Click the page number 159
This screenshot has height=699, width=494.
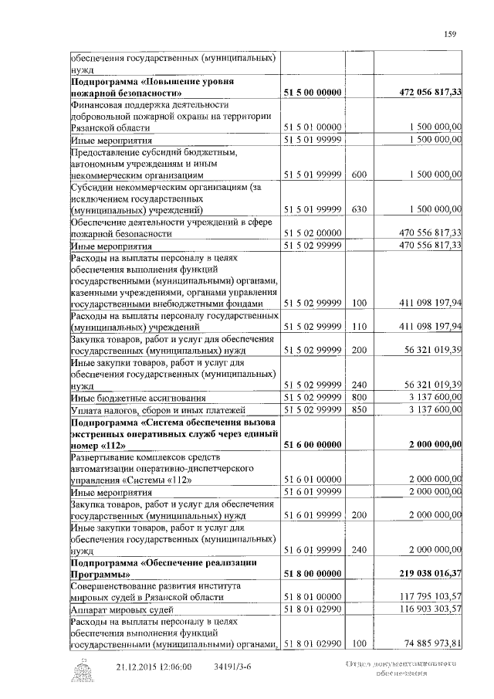pos(451,33)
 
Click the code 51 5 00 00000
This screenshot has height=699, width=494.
pos(313,92)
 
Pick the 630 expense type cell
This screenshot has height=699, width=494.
pos(358,209)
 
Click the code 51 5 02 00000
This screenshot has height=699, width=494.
pos(313,232)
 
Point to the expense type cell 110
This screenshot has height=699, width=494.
pos(358,327)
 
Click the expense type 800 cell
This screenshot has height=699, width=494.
pos(358,396)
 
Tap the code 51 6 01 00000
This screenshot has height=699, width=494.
pos(313,479)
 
